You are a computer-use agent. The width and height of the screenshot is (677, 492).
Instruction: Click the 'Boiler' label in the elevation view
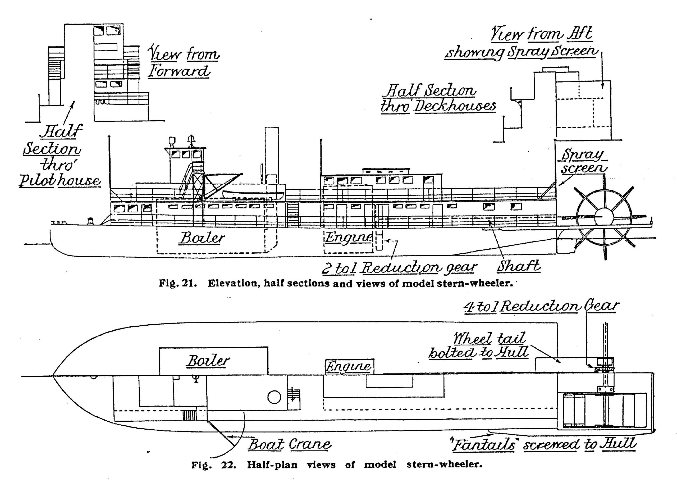tap(202, 238)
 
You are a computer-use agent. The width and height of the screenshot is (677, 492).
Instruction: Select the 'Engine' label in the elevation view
tap(348, 237)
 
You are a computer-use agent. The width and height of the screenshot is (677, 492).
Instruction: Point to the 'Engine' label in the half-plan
tap(348, 366)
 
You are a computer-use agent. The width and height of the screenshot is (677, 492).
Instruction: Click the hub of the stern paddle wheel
tap(603, 216)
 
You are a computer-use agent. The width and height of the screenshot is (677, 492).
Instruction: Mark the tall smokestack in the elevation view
tap(271, 155)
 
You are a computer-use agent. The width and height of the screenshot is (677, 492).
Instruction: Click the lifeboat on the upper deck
tap(253, 195)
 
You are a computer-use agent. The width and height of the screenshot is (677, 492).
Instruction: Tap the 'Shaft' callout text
tap(519, 266)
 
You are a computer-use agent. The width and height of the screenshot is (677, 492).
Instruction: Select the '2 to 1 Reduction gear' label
tap(399, 268)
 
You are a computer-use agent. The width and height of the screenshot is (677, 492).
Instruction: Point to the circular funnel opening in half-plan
tap(274, 397)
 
